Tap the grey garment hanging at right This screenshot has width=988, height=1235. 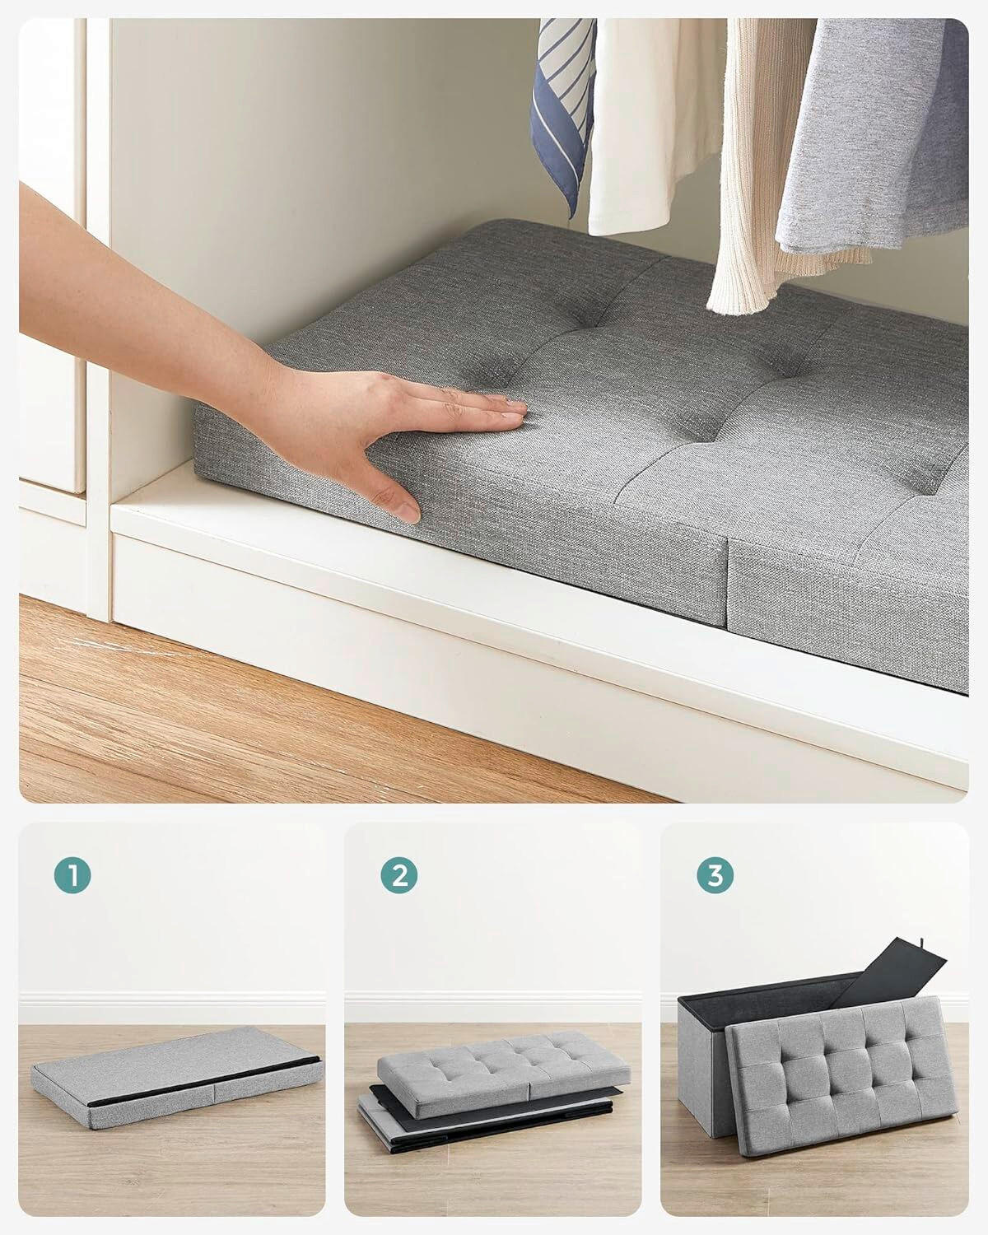tap(873, 140)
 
